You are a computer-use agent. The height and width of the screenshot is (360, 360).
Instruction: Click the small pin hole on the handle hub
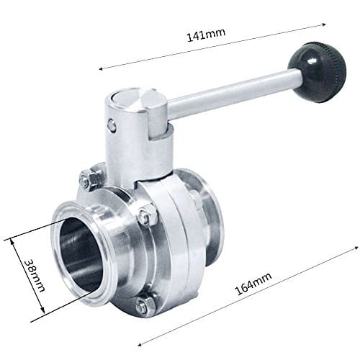click(x=112, y=125)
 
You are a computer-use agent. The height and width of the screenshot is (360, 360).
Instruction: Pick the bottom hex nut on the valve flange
click(x=144, y=305)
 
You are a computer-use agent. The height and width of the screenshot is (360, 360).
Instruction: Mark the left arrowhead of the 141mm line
click(x=101, y=68)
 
